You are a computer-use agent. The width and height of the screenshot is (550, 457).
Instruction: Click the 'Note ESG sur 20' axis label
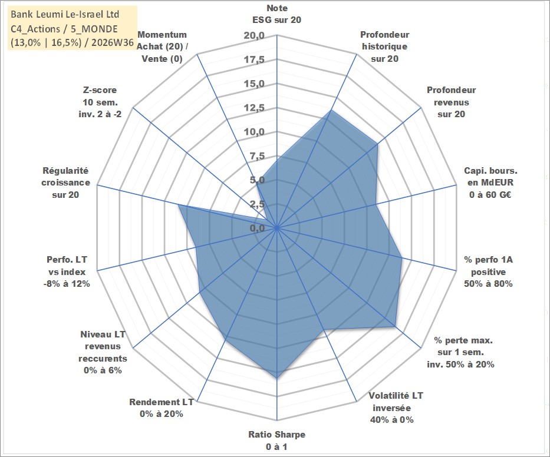point(276,14)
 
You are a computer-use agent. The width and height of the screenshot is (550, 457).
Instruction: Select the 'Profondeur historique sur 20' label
point(384,47)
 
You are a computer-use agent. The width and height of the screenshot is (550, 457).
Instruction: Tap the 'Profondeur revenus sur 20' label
point(451,102)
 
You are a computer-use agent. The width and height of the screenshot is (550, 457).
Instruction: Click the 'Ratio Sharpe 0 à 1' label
point(276,441)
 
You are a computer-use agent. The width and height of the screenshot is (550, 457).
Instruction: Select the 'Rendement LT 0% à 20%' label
point(162,408)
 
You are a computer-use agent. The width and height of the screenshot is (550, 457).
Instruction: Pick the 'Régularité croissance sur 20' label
point(65,183)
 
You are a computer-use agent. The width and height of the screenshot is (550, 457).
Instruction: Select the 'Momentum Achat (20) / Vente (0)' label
point(162,47)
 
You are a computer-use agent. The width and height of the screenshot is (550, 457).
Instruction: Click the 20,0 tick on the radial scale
point(254,36)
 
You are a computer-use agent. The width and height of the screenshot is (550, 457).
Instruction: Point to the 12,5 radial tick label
point(254,108)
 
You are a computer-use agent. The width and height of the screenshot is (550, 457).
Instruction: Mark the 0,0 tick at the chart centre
point(258,228)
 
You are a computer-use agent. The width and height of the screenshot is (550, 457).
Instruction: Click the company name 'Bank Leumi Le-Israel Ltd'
point(65,14)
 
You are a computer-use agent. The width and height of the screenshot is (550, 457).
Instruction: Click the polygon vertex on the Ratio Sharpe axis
point(276,378)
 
